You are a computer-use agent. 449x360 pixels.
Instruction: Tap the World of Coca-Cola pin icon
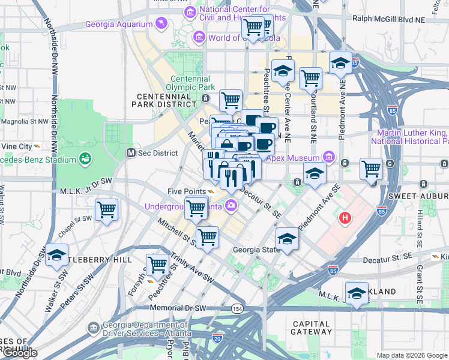pyautogui.click(x=199, y=38)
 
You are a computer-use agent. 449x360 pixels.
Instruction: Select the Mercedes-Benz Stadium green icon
pyautogui.click(x=85, y=159)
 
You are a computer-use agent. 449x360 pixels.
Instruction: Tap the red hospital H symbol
pyautogui.click(x=345, y=217)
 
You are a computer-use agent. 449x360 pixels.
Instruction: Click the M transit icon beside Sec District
pyautogui.click(x=130, y=153)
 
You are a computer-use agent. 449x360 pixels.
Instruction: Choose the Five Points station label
pyautogui.click(x=186, y=192)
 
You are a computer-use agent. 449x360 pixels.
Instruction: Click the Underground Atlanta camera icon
pyautogui.click(x=231, y=207)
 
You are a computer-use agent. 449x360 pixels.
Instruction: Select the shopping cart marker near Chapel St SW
pyautogui.click(x=107, y=211)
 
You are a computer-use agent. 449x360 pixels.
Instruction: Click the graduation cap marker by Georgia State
pyautogui.click(x=287, y=239)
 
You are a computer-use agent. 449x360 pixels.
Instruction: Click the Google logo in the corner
pyautogui.click(x=20, y=353)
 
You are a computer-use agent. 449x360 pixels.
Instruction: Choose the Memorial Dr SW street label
pyautogui.click(x=178, y=308)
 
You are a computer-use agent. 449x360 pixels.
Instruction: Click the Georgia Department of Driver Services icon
pyautogui.click(x=94, y=328)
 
